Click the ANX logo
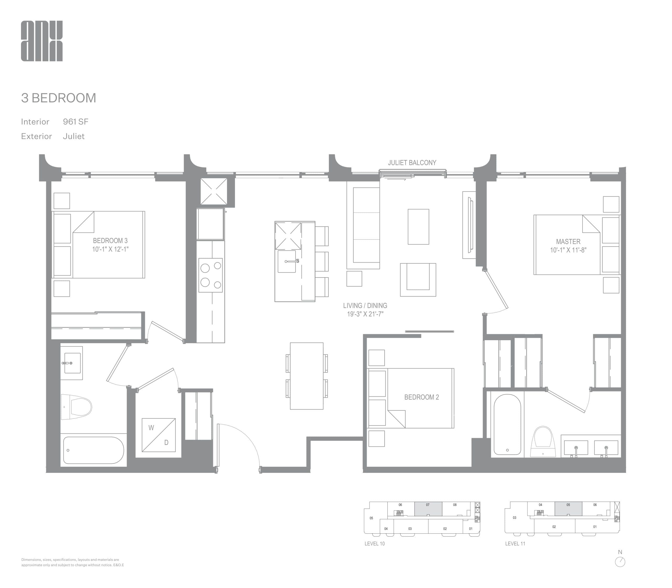click(x=42, y=41)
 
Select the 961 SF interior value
click(x=76, y=122)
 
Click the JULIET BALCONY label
click(x=412, y=163)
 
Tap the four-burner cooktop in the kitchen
click(x=210, y=275)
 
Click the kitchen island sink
click(x=287, y=261)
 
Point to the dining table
click(x=307, y=376)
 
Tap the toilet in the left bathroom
click(x=77, y=407)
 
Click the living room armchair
click(x=418, y=280)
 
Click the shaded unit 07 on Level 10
click(x=428, y=509)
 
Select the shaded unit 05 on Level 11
click(x=568, y=509)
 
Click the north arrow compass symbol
click(x=620, y=562)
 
